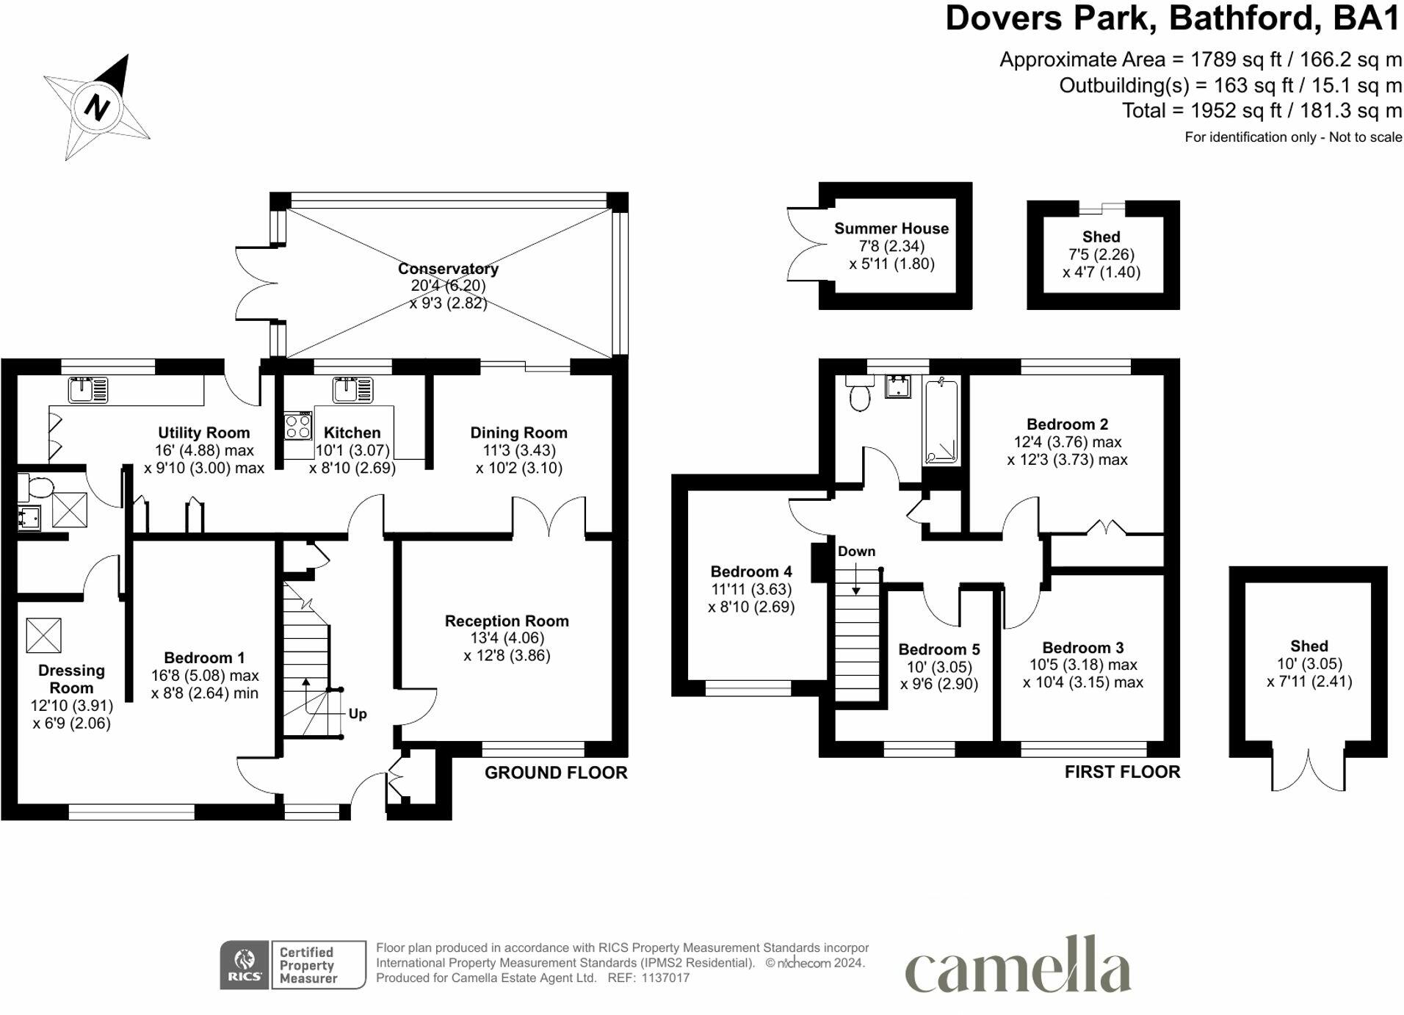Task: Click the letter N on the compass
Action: [x=96, y=107]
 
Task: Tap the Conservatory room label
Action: [x=448, y=269]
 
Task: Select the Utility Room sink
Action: [x=88, y=390]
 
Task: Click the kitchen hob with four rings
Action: [x=298, y=426]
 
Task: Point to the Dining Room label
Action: [x=518, y=433]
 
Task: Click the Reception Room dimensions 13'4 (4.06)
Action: [x=507, y=638]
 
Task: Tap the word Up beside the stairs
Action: [x=358, y=714]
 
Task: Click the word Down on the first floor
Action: [x=856, y=551]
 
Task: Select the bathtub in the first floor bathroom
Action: [x=941, y=422]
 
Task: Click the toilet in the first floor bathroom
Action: [x=858, y=392]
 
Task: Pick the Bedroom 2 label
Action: [x=1067, y=425]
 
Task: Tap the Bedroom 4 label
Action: [x=751, y=571]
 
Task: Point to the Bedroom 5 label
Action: [x=939, y=649]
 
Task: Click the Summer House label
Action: [x=891, y=228]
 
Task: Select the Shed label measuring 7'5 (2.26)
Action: [x=1101, y=236]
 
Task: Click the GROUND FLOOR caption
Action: [x=556, y=773]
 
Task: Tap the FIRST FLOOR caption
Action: [x=1123, y=772]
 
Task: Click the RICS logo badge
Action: [x=245, y=964]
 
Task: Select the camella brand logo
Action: [x=1018, y=964]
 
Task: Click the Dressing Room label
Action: [x=71, y=679]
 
